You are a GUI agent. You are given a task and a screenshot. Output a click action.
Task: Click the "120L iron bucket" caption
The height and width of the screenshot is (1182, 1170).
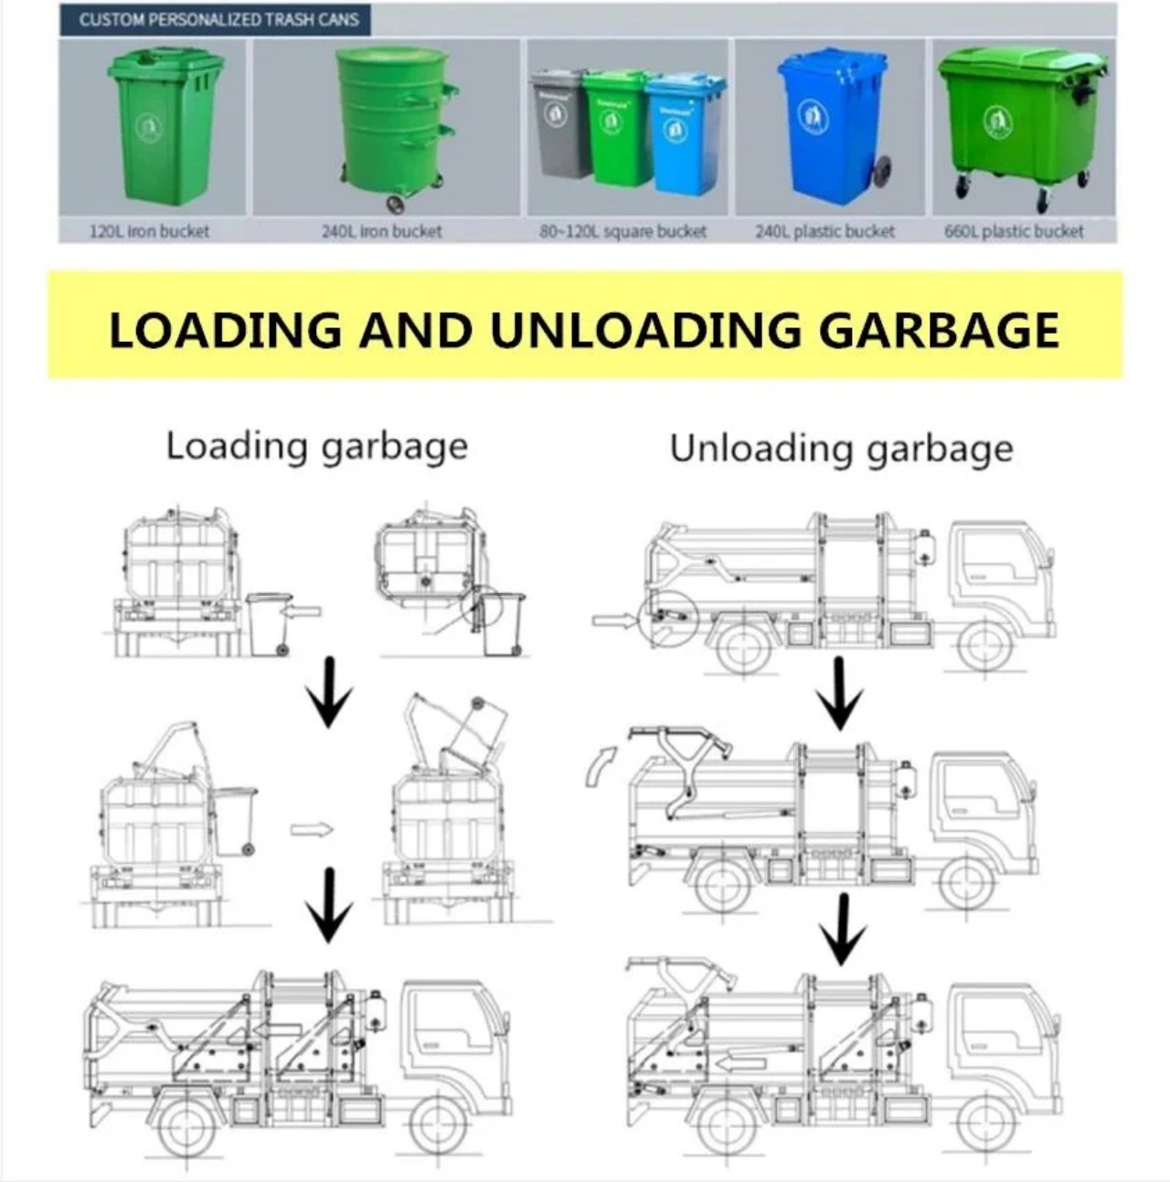(x=149, y=231)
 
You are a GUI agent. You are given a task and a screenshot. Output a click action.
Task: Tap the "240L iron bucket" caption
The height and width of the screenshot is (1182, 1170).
(x=381, y=231)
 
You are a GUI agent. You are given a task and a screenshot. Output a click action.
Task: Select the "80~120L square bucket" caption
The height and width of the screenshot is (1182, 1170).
(x=622, y=231)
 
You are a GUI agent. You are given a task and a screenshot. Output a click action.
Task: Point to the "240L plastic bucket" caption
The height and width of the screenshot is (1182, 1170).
(x=824, y=231)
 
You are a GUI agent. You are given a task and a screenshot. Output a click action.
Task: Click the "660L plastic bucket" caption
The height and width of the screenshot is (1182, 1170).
(x=1014, y=231)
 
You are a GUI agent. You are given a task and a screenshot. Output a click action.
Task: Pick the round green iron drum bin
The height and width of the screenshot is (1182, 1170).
(x=396, y=126)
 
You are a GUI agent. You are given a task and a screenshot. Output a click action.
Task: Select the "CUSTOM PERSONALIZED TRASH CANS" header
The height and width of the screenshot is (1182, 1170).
(x=218, y=19)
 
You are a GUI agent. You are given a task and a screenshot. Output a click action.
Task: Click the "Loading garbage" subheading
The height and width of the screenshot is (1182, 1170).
(x=316, y=447)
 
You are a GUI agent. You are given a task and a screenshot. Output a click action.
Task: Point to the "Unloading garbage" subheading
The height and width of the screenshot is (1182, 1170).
(x=841, y=449)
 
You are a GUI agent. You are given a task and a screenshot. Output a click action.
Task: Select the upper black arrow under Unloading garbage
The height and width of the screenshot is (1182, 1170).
(x=840, y=693)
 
